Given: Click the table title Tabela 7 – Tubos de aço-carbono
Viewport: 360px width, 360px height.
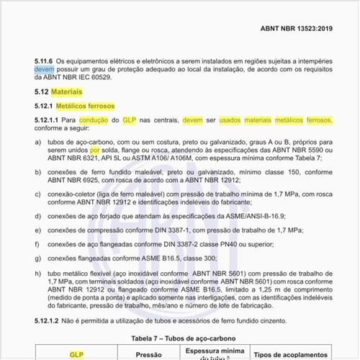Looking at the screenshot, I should click(x=180, y=338).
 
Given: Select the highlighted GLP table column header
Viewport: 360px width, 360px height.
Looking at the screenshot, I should click(x=76, y=354).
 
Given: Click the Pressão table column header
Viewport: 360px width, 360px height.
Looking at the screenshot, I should click(x=148, y=354).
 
